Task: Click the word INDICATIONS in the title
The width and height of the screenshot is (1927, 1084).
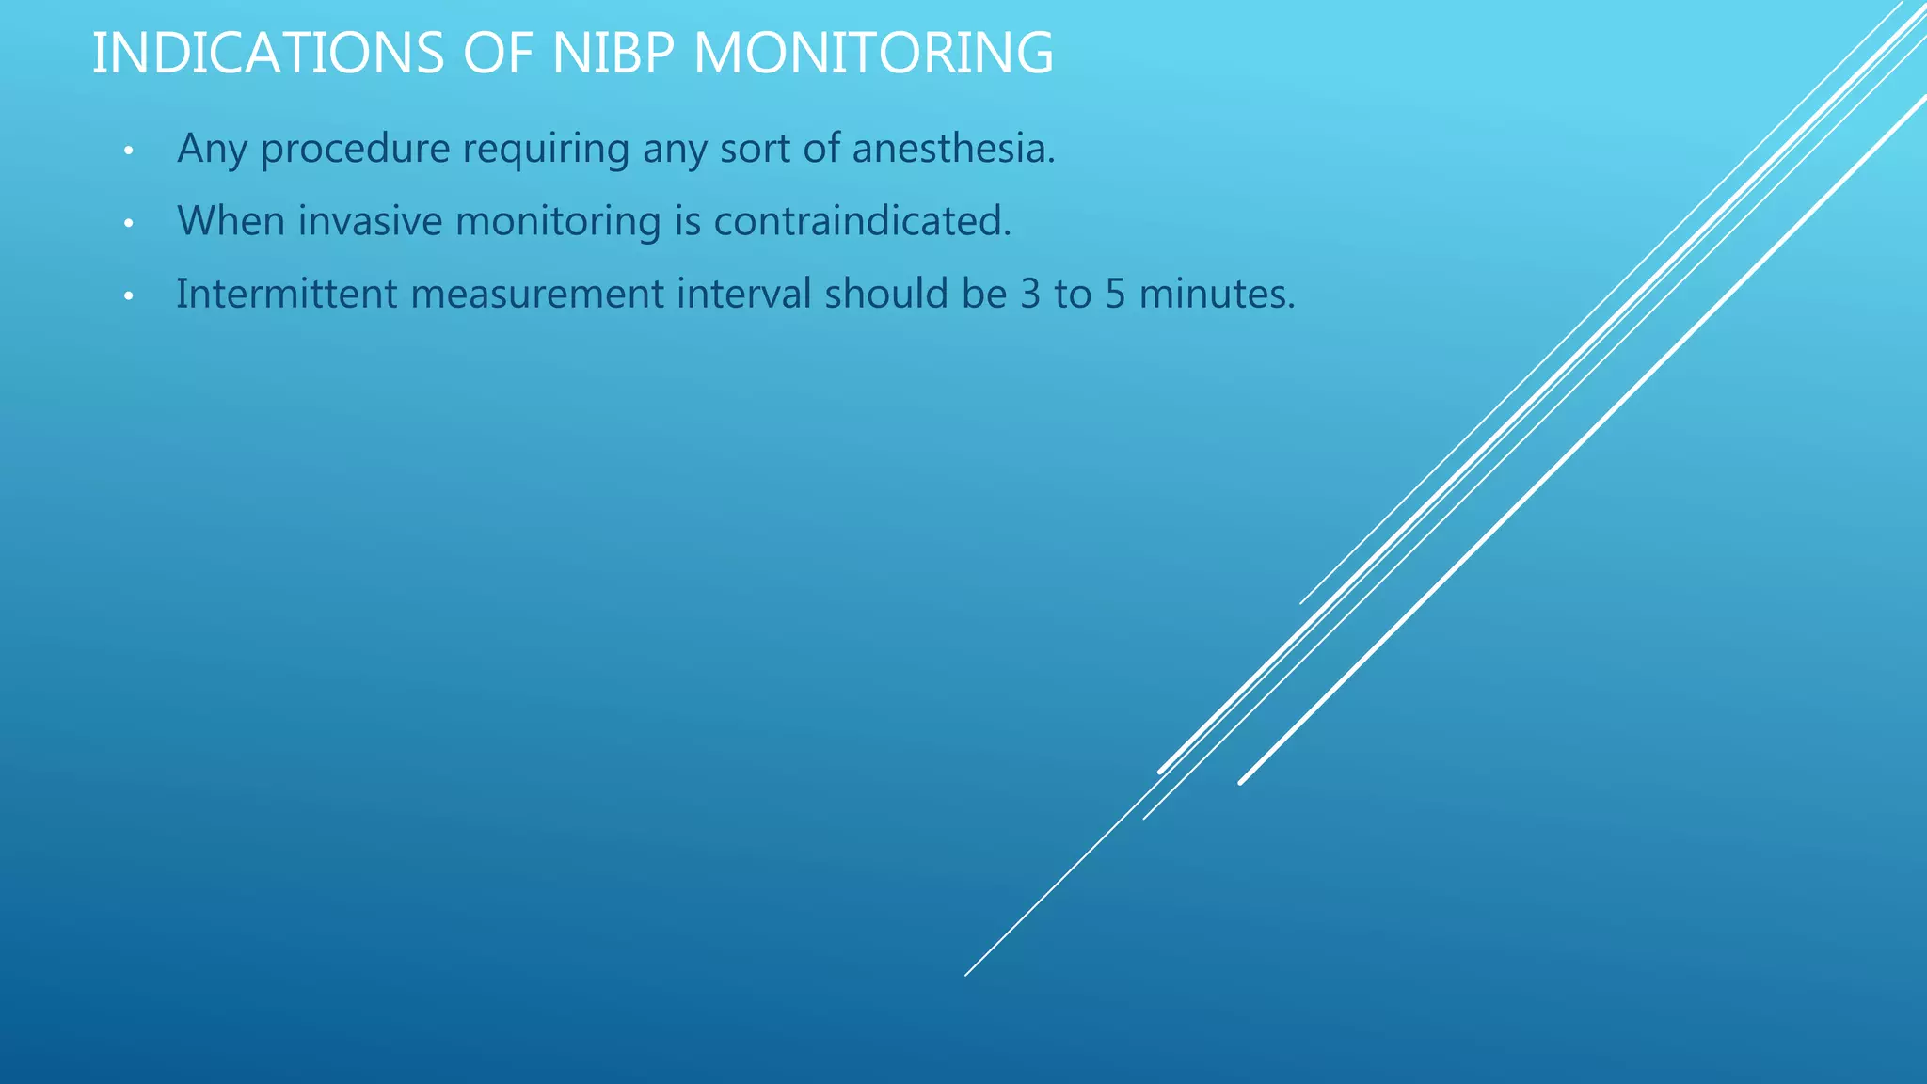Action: point(267,54)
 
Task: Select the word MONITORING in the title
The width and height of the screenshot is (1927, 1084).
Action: point(873,54)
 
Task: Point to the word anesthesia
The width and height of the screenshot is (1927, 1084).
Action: point(953,150)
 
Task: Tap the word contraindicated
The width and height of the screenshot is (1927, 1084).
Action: point(862,222)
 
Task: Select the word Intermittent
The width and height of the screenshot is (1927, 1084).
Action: point(287,295)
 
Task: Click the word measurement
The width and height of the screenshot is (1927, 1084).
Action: point(537,295)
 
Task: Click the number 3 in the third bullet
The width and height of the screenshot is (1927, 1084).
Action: point(1030,295)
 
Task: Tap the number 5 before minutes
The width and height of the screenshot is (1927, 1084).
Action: point(1115,295)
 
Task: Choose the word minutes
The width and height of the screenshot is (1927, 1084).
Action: point(1217,295)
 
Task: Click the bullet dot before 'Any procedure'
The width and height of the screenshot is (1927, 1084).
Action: point(129,151)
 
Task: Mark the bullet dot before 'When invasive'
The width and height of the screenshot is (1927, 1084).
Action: point(129,224)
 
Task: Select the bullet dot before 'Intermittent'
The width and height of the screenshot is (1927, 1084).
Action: point(129,296)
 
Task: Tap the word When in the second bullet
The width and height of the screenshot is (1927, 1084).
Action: point(231,222)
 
